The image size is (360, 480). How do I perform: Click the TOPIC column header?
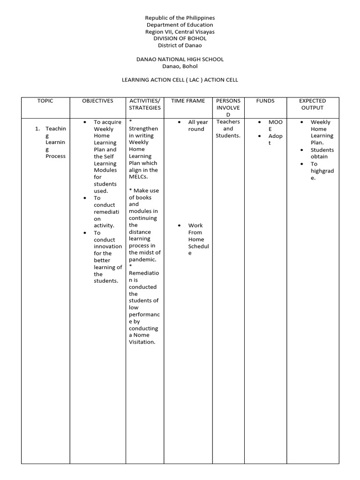45,101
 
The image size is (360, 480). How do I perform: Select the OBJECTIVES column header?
97,101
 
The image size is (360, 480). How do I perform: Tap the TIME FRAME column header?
188,101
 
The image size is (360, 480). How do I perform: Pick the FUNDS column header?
265,101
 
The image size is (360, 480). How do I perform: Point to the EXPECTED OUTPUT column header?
312,104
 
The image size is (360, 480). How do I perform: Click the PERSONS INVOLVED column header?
228,108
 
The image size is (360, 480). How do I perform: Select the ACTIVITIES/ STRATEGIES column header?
144,104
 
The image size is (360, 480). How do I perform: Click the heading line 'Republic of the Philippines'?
180,18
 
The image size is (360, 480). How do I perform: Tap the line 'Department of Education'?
180,25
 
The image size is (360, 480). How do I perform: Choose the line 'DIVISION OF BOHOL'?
180,38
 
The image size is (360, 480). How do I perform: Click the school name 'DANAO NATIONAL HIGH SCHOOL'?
180,60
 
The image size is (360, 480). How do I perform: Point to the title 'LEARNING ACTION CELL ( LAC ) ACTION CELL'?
180,80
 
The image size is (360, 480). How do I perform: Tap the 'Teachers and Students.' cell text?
228,129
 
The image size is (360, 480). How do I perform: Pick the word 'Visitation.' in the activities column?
142,342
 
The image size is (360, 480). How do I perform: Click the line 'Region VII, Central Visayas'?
180,32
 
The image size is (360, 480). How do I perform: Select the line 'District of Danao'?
180,45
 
